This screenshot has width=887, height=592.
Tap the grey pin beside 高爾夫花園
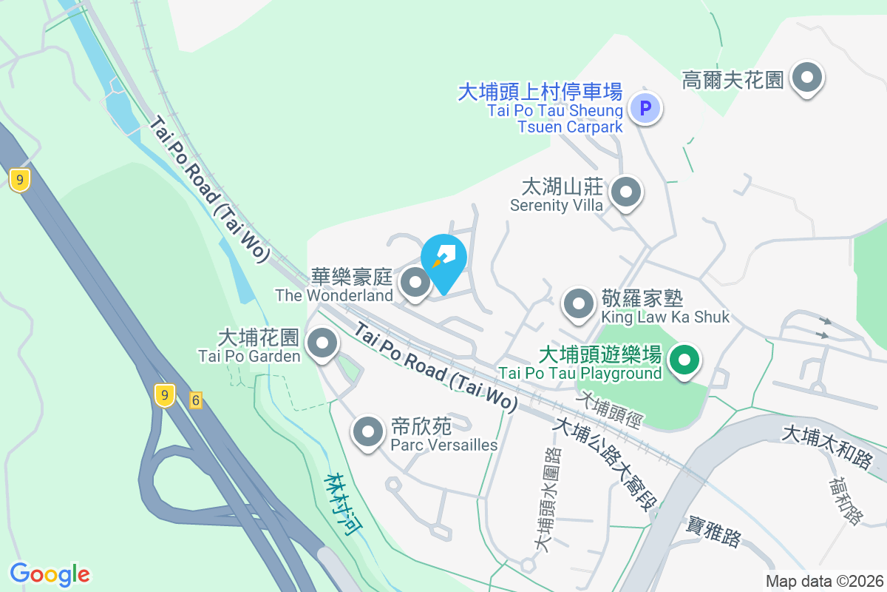(x=807, y=78)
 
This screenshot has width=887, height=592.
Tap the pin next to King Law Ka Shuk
(x=578, y=304)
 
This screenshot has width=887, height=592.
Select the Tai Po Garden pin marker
(x=322, y=343)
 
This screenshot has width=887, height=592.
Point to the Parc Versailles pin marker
(x=368, y=432)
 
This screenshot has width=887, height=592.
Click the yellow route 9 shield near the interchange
(x=165, y=395)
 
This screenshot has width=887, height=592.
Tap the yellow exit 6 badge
(x=195, y=400)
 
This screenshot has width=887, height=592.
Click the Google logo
(x=50, y=573)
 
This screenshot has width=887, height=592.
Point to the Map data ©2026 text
(x=824, y=581)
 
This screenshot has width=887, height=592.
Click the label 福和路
(x=845, y=501)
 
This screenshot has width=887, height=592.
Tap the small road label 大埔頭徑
(x=613, y=410)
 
